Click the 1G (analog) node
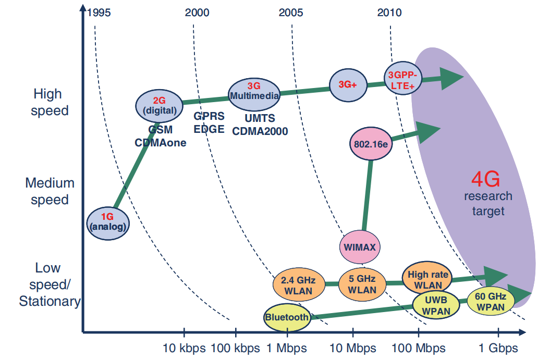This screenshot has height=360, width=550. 108,224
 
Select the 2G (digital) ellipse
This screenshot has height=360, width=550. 159,106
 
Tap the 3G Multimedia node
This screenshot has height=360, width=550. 254,95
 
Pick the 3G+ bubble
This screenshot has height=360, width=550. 348,85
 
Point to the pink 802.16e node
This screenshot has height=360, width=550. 371,144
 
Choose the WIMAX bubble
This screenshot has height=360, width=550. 360,247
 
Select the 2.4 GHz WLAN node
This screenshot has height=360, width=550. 299,284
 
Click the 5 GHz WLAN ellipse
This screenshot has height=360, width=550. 362,284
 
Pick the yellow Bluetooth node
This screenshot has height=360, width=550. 287,317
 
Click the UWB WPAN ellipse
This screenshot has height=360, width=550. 436,305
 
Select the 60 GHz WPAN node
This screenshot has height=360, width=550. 491,301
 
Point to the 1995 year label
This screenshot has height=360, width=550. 99,13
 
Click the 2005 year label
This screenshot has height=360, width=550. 291,13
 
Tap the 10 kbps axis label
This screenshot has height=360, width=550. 184,348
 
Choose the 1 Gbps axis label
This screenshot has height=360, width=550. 498,348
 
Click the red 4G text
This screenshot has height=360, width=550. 485,179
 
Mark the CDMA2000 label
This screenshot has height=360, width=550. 260,131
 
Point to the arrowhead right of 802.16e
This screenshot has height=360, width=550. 428,132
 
